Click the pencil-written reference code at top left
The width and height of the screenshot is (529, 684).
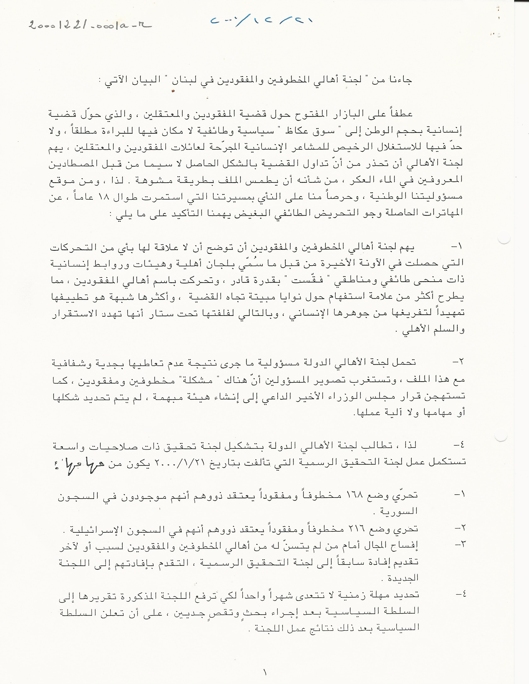tap(89, 25)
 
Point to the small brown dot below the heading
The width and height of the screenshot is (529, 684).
tap(172, 91)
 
